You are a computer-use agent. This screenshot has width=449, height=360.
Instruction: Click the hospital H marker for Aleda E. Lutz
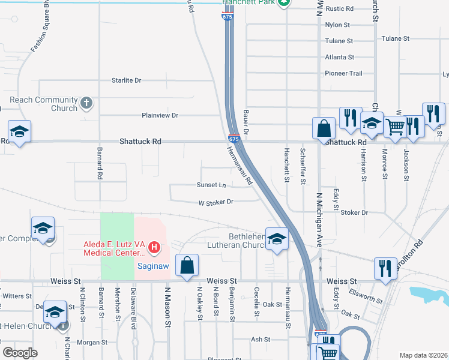(155, 247)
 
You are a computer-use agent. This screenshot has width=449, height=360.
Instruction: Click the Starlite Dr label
(126, 80)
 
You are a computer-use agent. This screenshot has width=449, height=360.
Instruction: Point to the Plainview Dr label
(160, 115)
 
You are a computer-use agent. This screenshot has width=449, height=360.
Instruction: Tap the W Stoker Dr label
(215, 202)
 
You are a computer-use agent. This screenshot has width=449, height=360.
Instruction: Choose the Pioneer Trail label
(344, 73)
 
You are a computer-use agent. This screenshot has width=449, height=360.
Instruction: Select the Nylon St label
(337, 25)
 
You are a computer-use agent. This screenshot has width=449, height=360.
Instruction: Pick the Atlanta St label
(339, 57)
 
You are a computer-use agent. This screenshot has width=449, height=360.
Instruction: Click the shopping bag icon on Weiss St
(187, 265)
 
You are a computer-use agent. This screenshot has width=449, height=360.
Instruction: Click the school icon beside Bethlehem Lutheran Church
(277, 240)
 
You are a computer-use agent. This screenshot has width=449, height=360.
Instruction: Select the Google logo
(20, 352)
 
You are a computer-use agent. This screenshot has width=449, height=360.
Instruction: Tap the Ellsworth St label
(366, 298)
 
